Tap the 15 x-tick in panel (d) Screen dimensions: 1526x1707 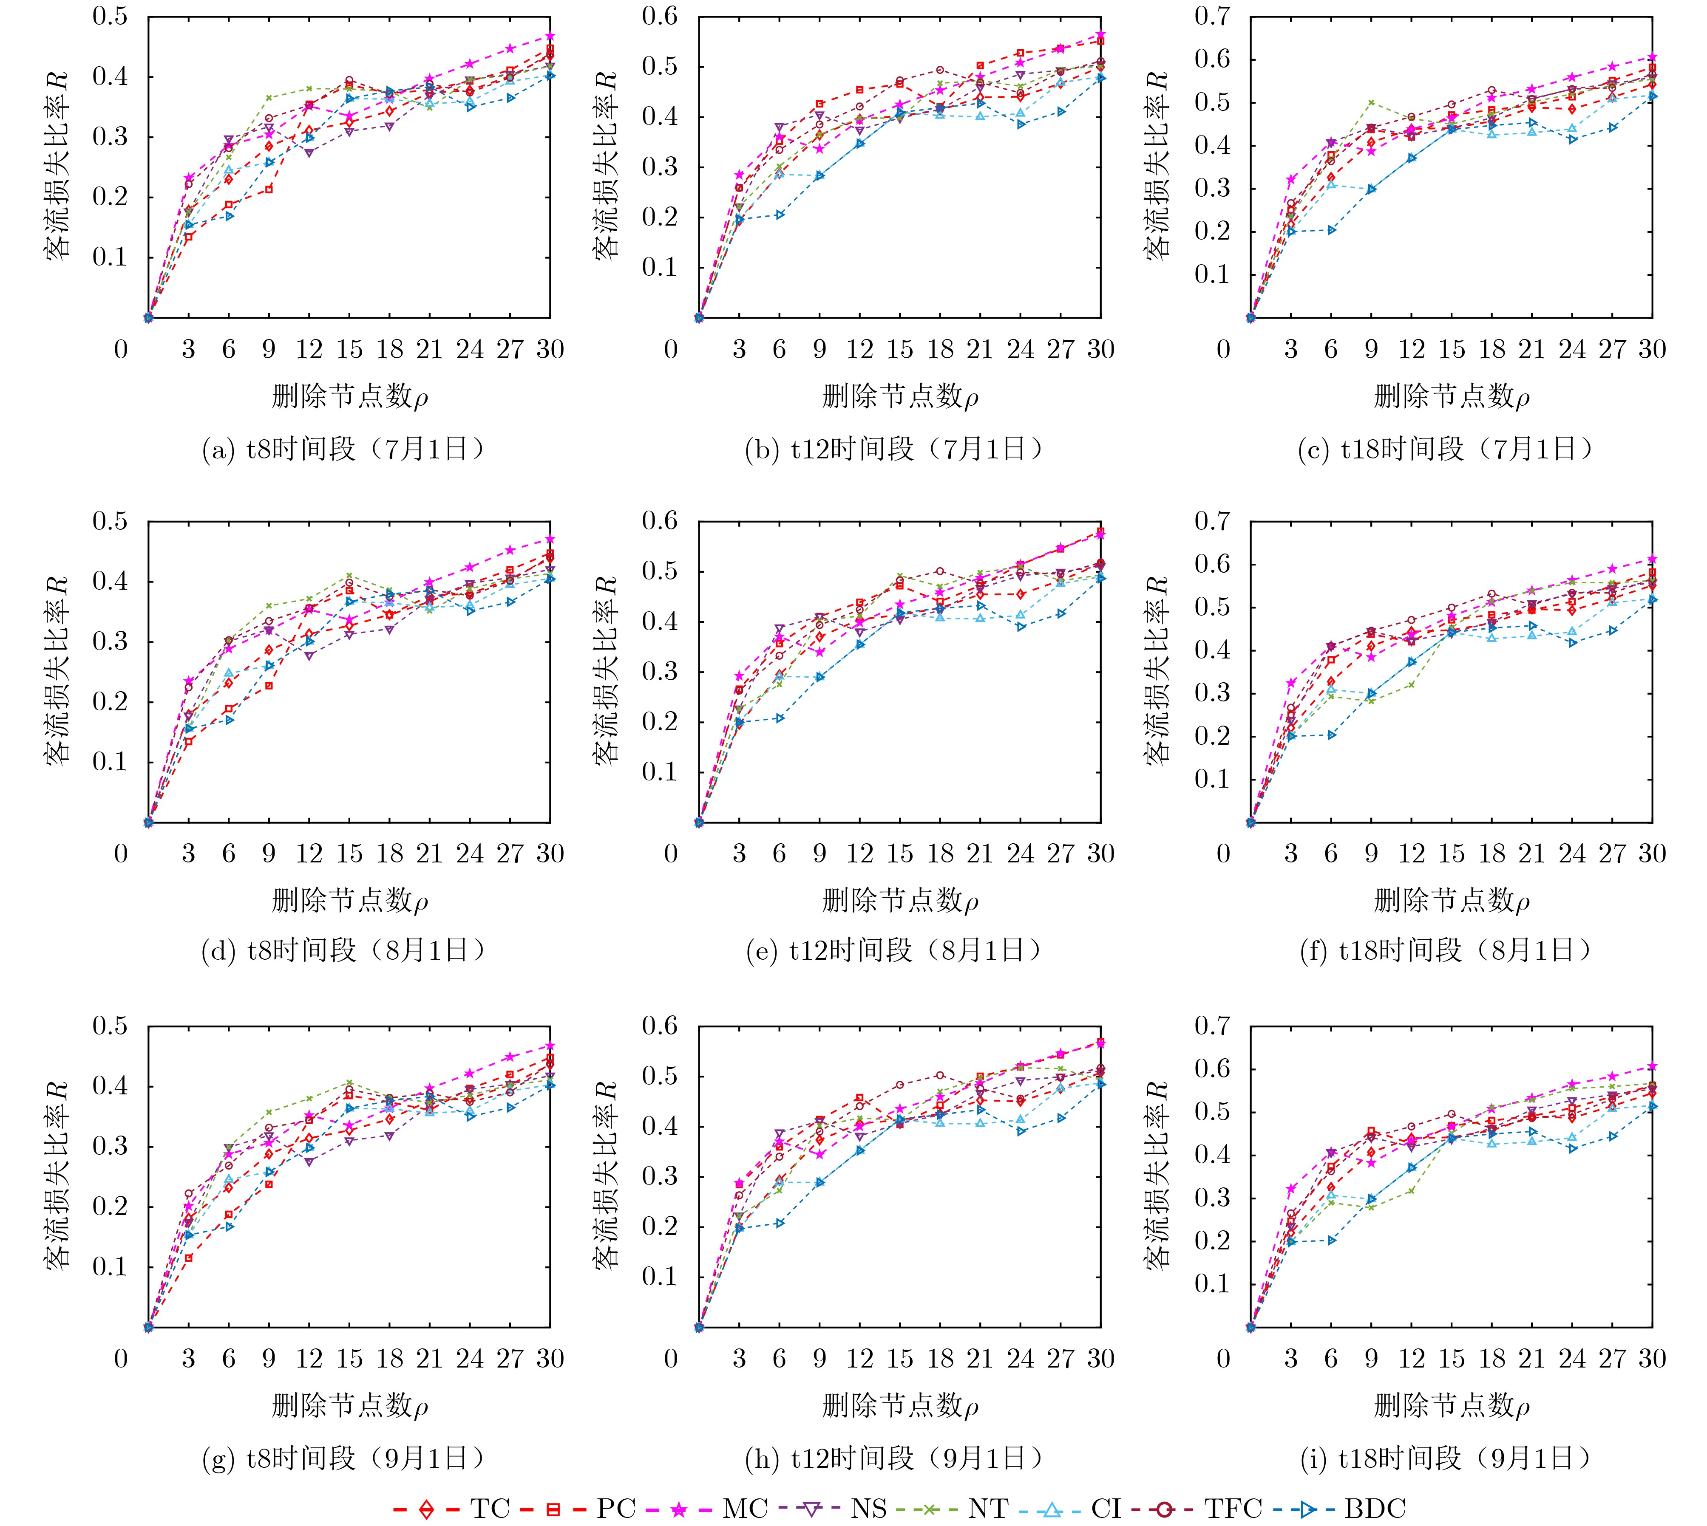(349, 853)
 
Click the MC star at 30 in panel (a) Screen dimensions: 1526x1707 (550, 36)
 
